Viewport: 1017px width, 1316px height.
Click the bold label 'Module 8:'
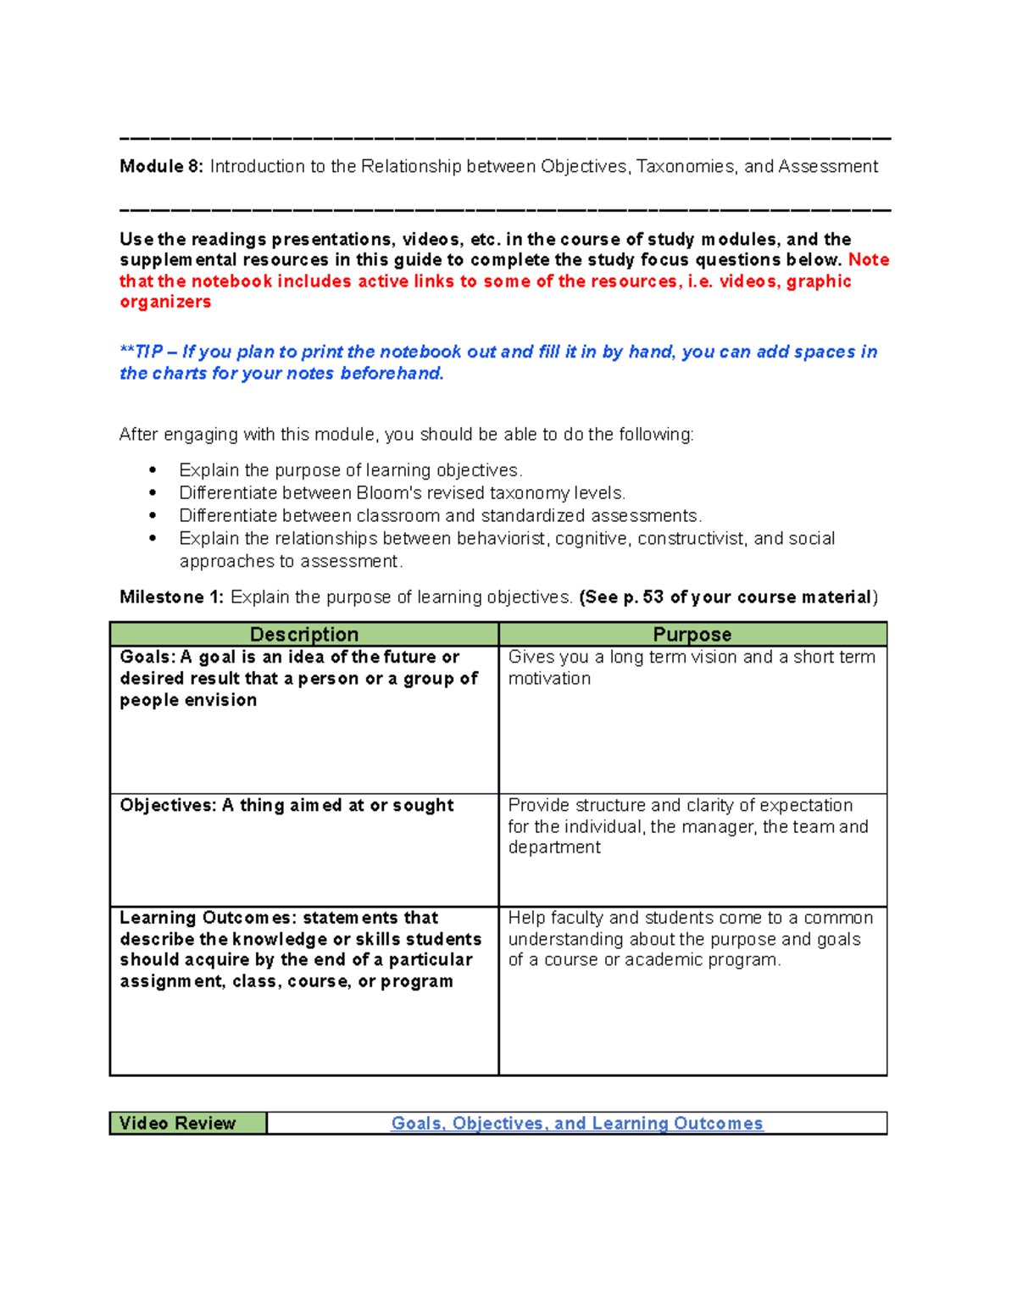[x=161, y=167]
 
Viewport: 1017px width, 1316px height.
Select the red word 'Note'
[x=869, y=260]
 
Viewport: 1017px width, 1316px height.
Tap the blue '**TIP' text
[x=141, y=352]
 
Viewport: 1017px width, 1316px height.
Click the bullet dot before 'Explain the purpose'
[x=153, y=470]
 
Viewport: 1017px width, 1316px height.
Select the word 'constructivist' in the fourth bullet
[x=690, y=539]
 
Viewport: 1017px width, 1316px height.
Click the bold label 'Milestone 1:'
[x=171, y=597]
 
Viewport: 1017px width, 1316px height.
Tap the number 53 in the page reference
[x=653, y=597]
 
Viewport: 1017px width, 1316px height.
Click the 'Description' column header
[x=303, y=635]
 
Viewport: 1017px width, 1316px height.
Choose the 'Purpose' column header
[x=692, y=635]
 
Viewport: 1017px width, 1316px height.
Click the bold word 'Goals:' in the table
[x=147, y=658]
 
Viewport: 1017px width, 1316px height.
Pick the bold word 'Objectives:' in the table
[x=168, y=806]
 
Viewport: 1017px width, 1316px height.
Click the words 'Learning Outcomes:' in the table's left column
[x=208, y=919]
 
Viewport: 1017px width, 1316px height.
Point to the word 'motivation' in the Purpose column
[x=549, y=679]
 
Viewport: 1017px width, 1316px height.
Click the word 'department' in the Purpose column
[x=554, y=847]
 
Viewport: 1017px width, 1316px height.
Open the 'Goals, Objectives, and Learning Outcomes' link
[x=576, y=1124]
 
